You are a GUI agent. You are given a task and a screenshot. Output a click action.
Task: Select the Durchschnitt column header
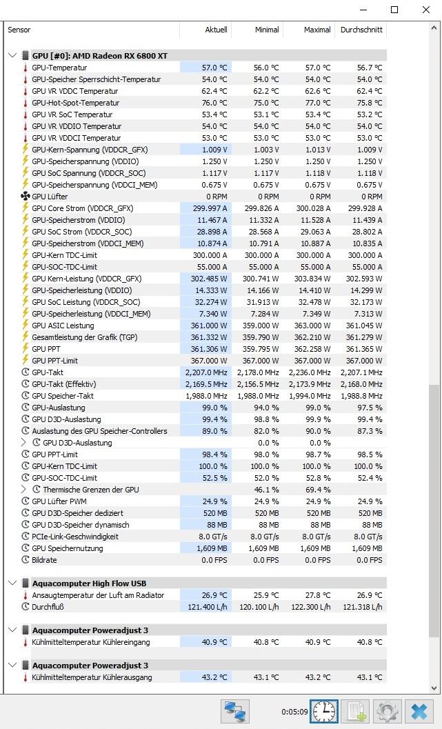click(361, 30)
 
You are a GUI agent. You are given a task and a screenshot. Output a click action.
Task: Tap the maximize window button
click(394, 10)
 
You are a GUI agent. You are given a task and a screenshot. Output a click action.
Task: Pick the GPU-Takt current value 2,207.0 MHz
click(206, 372)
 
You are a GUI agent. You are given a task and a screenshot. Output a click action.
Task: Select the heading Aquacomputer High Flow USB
click(89, 583)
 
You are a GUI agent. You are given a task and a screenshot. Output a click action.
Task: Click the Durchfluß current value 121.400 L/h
click(206, 607)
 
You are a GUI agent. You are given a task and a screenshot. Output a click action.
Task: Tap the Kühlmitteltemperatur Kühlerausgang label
click(91, 677)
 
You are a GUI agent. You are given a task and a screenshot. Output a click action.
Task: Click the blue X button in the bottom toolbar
click(419, 711)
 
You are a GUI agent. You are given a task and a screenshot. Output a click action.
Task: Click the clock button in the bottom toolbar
click(324, 711)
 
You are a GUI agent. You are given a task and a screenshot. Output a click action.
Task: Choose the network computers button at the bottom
click(234, 711)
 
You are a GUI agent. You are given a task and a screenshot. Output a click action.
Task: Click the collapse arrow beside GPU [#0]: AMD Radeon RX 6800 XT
click(12, 56)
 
